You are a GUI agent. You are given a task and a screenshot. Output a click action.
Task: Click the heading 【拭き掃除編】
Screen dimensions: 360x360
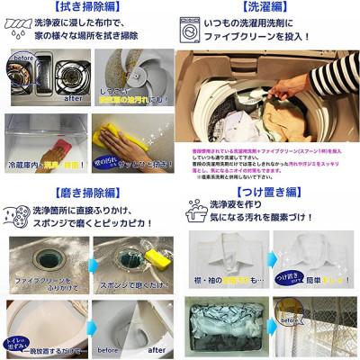tap(90, 6)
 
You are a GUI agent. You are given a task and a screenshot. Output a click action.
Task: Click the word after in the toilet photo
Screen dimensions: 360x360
tap(156, 350)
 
